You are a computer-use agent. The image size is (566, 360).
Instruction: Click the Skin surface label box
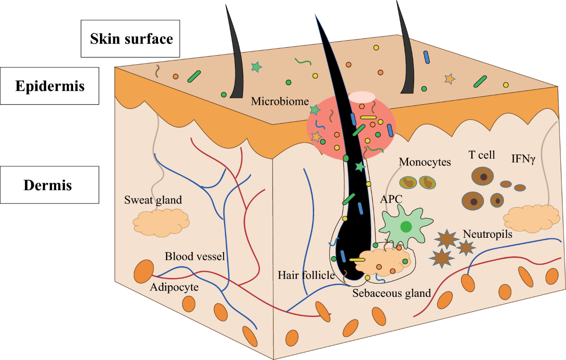click(130, 39)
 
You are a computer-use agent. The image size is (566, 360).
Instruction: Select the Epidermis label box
click(50, 86)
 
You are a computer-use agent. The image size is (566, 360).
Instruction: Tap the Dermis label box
click(50, 185)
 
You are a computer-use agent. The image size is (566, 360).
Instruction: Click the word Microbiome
click(280, 101)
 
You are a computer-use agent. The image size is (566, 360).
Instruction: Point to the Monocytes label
click(425, 162)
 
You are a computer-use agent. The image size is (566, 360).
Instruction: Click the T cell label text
click(482, 155)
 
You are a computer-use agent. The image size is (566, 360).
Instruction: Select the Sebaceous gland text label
click(392, 293)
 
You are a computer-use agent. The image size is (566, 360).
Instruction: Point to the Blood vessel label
click(194, 257)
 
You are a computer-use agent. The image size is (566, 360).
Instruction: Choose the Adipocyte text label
click(175, 286)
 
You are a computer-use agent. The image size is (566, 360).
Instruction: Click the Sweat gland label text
click(153, 200)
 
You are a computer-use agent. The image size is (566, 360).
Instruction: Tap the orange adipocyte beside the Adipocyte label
click(143, 272)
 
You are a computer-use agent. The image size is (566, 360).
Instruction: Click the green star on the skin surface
click(256, 67)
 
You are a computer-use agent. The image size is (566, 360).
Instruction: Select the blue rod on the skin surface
click(427, 57)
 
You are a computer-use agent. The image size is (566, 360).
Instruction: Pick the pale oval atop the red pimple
click(362, 97)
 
